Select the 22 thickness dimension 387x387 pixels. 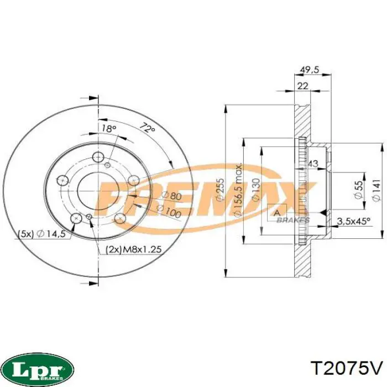(x=302, y=85)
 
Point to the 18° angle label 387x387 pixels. (x=109, y=128)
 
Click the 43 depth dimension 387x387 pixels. (x=312, y=164)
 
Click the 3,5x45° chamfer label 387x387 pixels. (x=353, y=221)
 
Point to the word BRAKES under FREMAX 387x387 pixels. (x=293, y=219)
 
